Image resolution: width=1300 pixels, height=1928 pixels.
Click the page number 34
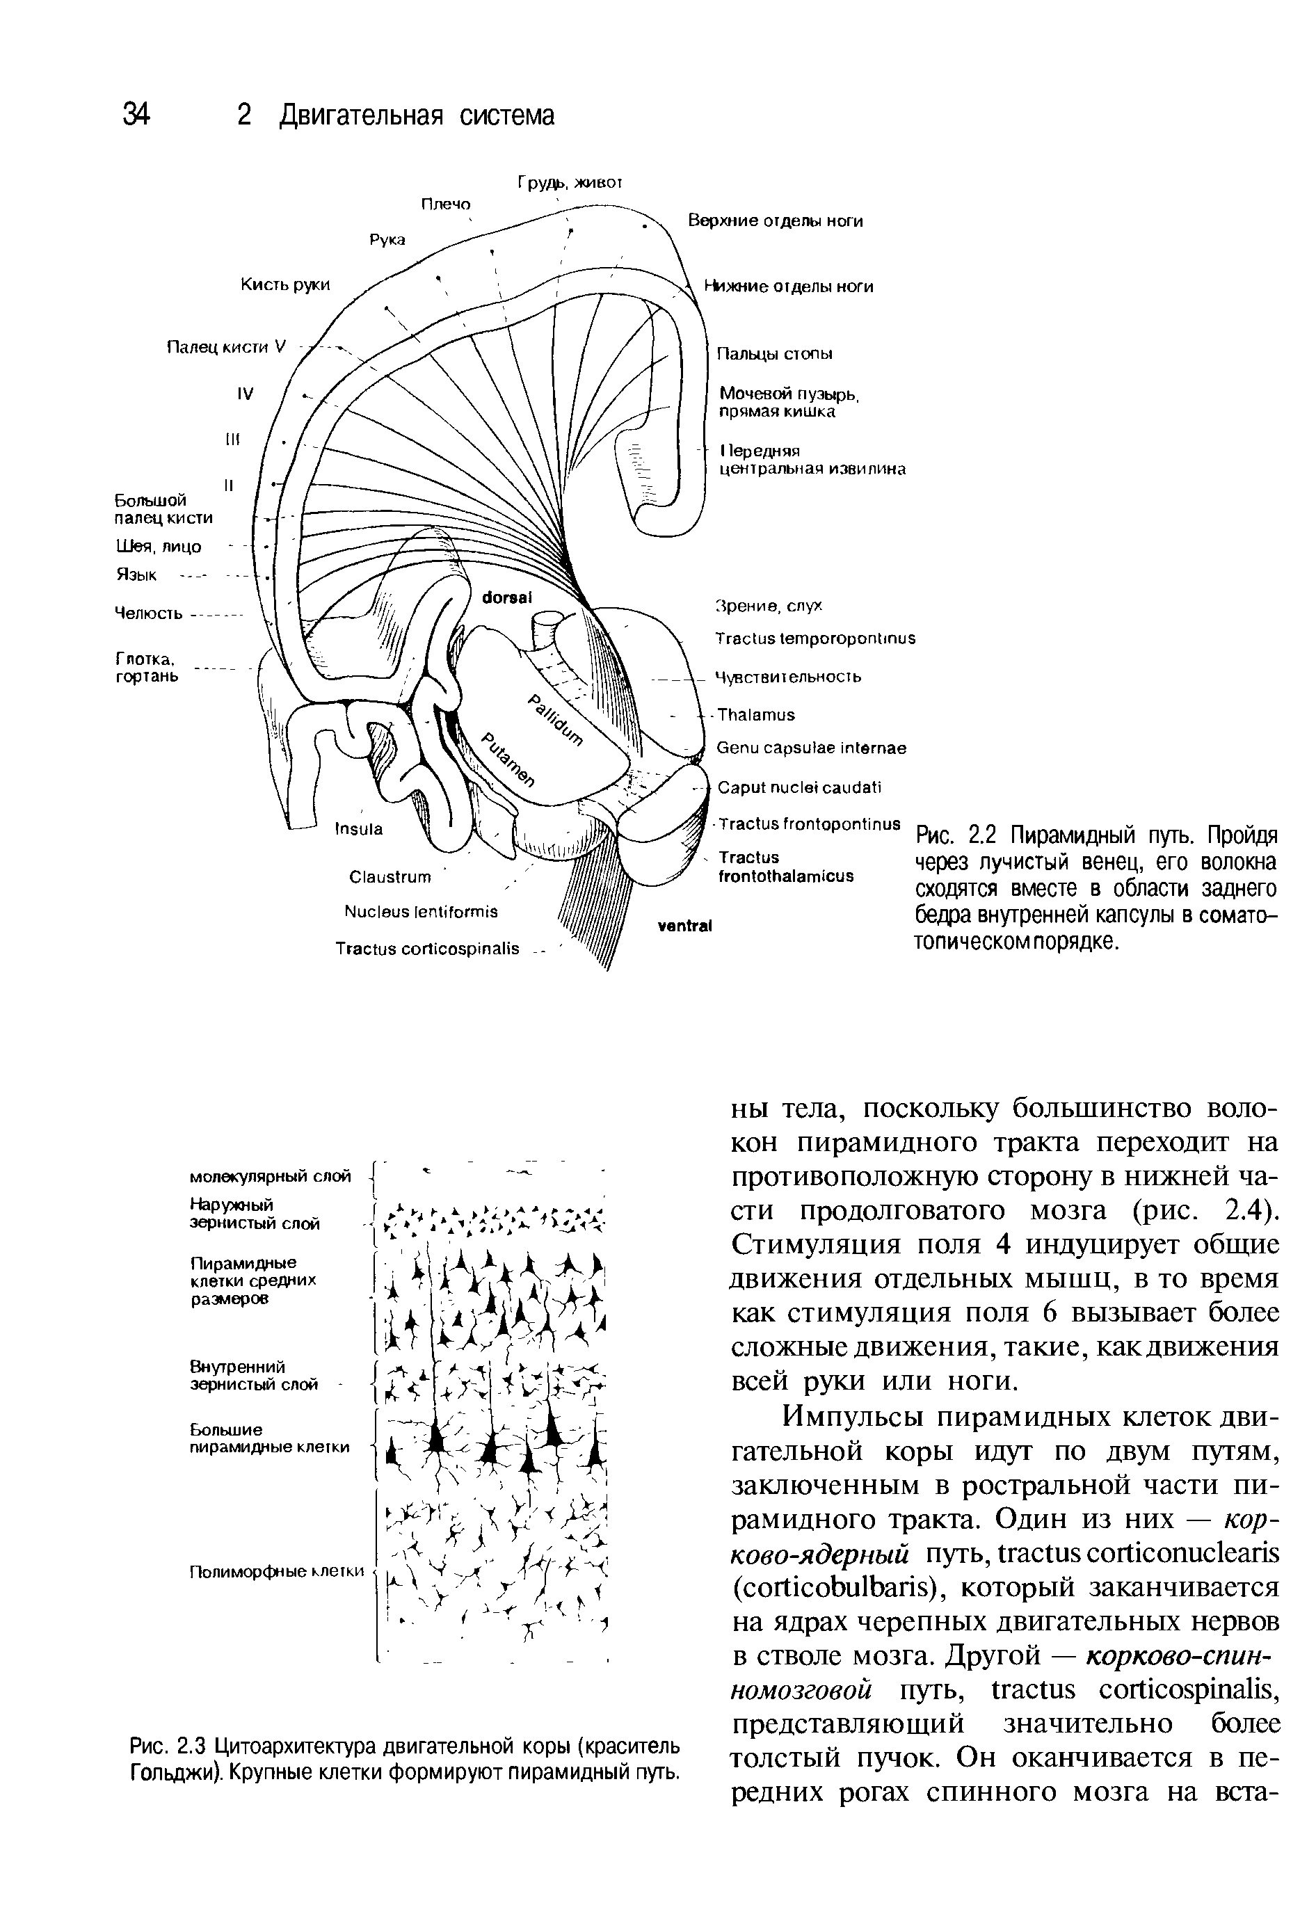pyautogui.click(x=136, y=113)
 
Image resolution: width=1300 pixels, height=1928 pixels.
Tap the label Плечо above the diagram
pyautogui.click(x=445, y=204)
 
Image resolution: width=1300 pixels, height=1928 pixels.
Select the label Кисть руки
pyautogui.click(x=284, y=284)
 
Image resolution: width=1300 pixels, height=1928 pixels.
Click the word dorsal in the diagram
pyautogui.click(x=506, y=597)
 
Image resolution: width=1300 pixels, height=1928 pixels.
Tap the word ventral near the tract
pyautogui.click(x=685, y=926)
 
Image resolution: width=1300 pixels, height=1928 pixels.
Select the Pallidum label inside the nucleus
pyautogui.click(x=556, y=718)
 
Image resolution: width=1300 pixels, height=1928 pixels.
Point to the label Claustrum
pyautogui.click(x=390, y=876)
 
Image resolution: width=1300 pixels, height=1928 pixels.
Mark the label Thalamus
pyautogui.click(x=755, y=714)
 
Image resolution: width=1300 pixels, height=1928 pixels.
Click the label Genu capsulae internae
pyautogui.click(x=811, y=748)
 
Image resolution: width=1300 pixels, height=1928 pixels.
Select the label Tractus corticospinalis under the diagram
pyautogui.click(x=427, y=947)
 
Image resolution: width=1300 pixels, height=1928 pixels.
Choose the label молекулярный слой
pyautogui.click(x=271, y=1176)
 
